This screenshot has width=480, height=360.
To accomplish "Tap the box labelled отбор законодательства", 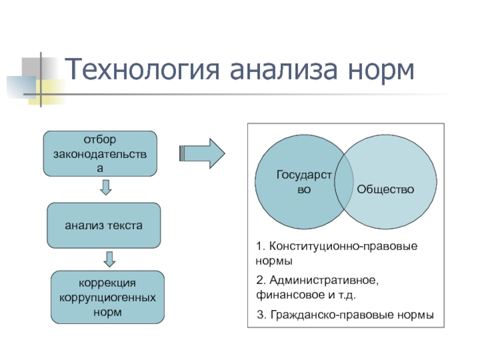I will coord(100,154).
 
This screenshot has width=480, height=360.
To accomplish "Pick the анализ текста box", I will coord(104,226).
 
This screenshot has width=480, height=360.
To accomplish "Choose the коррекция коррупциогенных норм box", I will coord(107,297).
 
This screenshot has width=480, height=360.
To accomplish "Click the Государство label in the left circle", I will coord(304,182).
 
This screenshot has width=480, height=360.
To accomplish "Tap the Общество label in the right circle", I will coord(386,189).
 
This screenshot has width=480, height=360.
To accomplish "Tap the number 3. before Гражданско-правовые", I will coord(260,315).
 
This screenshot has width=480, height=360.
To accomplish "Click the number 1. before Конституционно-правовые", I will coord(260,247).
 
